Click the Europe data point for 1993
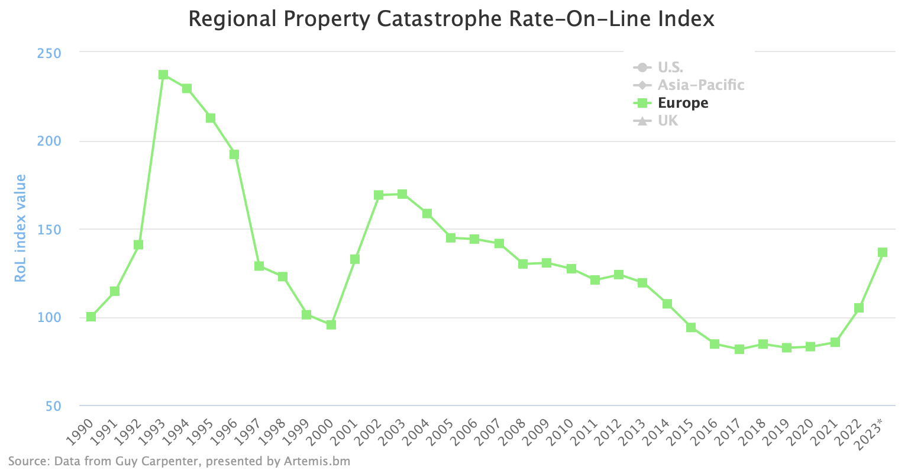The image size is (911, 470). point(163,75)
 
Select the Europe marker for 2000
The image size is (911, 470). point(331,325)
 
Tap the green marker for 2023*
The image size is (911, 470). point(883,253)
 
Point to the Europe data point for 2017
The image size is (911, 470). point(739,349)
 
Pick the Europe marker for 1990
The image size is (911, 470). point(91,317)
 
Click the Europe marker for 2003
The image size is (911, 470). point(402,194)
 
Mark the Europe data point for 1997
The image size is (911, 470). point(259,266)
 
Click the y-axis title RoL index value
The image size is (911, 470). point(21,228)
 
